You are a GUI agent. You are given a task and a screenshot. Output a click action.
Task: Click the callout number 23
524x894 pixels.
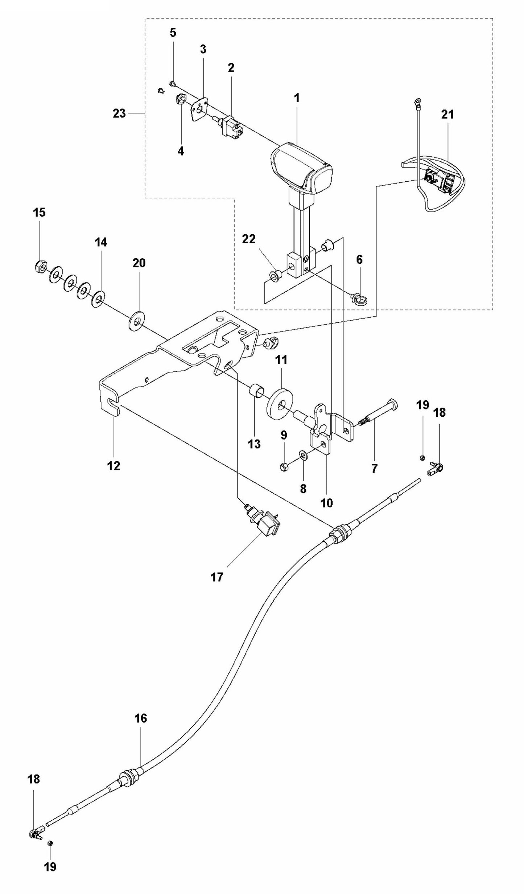coord(119,114)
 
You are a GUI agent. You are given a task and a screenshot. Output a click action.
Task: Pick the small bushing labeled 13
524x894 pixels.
coord(256,392)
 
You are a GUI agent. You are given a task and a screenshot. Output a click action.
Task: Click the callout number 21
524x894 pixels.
coord(447,115)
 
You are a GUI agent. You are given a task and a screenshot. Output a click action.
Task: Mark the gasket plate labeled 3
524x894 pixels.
coord(199,110)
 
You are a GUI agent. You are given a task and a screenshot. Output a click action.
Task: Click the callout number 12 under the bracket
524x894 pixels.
coord(113,466)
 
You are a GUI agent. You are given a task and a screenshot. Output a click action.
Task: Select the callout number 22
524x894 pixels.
coord(249,239)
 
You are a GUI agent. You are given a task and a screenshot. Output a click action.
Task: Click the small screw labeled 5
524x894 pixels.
coord(172,84)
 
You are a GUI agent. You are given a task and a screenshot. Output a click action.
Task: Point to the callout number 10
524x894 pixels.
coord(326,503)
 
